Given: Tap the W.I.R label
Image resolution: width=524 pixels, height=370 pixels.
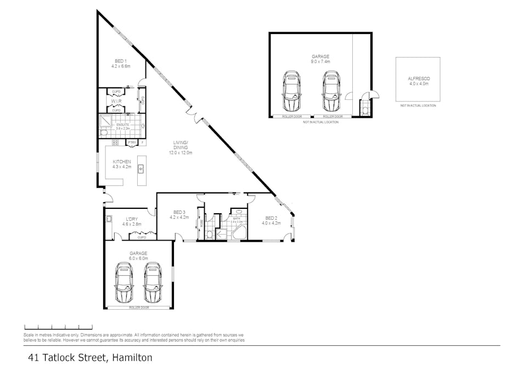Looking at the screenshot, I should click(116, 101).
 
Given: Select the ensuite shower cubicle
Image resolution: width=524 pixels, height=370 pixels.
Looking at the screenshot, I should click(105, 120).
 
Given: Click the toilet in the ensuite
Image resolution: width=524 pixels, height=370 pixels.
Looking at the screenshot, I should click(104, 133).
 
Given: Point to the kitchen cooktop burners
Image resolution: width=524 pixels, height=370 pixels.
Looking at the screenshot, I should click(116, 143).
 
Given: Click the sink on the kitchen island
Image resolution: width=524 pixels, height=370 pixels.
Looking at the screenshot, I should click(140, 168).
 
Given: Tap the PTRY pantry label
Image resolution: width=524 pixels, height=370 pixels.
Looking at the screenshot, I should click(132, 143).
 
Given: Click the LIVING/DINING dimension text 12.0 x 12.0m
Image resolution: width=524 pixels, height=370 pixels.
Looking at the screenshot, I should click(181, 153).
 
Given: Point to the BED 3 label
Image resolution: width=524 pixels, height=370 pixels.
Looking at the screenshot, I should click(179, 212).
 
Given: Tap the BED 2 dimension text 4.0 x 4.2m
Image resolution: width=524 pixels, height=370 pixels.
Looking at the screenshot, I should click(271, 223).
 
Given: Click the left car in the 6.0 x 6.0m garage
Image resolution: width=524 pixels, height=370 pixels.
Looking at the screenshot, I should click(124, 282).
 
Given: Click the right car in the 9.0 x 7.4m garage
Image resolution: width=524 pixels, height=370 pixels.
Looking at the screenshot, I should click(330, 91).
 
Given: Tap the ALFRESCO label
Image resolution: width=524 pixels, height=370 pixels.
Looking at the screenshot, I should click(418, 79).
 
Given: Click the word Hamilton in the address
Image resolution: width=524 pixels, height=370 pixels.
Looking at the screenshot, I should click(132, 358).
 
